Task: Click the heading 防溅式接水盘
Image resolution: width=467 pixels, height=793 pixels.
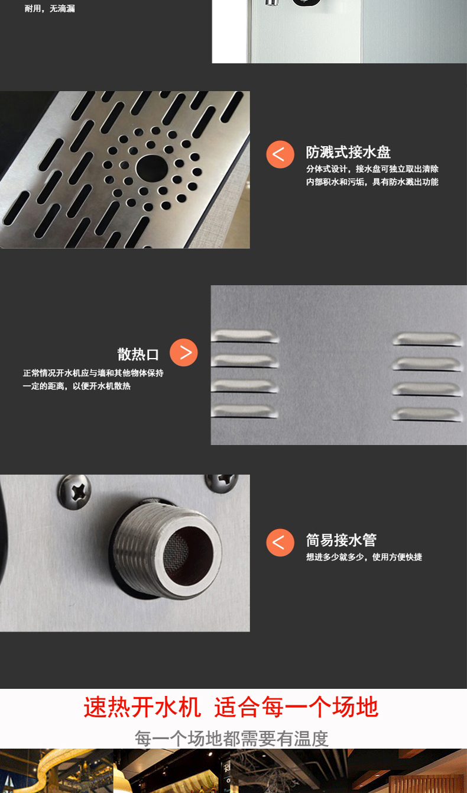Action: pos(348,152)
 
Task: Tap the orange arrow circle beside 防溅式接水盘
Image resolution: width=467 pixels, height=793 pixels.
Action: pos(280,154)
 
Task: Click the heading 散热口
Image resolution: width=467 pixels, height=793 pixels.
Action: pos(138,354)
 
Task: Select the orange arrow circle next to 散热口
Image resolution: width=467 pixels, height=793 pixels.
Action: pos(183,353)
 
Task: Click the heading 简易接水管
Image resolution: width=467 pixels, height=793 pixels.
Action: pos(341,540)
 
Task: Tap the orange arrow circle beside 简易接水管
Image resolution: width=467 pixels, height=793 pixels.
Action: pos(280,543)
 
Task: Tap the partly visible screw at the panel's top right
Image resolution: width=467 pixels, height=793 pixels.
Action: pos(222,481)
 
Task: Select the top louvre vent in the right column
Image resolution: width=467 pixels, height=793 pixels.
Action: pos(427,339)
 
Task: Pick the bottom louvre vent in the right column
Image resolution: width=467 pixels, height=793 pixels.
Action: pos(427,415)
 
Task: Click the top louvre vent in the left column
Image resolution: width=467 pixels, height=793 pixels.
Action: pos(245,336)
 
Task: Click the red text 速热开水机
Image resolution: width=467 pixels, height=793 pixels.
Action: pos(142,707)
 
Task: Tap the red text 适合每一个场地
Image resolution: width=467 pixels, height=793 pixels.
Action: pos(296,707)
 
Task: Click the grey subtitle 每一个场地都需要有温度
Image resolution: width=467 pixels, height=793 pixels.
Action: pos(232,739)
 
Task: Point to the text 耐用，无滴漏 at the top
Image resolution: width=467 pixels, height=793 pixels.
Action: pos(50,8)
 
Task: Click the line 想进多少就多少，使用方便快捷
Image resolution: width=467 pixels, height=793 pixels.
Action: pos(364,557)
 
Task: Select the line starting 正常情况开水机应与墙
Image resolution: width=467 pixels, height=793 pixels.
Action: pos(93,373)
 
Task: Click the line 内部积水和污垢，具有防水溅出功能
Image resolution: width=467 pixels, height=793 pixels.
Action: pos(372,182)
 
